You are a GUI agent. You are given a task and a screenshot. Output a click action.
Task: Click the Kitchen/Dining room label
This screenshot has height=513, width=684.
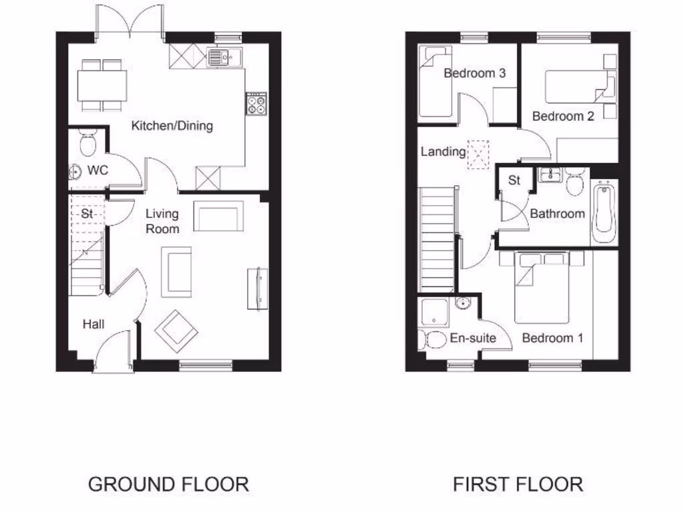(x=172, y=126)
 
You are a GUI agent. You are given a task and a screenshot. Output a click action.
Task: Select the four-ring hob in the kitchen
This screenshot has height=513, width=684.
(x=256, y=104)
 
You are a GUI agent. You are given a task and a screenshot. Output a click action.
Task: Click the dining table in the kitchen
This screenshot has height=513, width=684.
(x=102, y=85)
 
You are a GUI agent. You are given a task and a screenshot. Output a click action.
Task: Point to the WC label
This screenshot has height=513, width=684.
(x=98, y=170)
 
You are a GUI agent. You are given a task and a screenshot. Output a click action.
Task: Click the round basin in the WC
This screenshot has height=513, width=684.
(x=75, y=172)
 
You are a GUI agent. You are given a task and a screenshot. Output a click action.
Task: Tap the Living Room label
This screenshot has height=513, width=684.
(x=163, y=221)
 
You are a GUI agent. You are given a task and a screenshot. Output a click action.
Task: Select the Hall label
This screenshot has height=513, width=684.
(x=94, y=325)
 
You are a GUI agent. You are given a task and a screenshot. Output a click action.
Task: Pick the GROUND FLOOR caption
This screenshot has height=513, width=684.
(x=168, y=484)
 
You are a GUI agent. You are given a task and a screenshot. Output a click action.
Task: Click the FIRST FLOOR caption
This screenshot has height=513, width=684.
(x=518, y=484)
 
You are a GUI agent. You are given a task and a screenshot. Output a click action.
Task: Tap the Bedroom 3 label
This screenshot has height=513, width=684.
(x=474, y=73)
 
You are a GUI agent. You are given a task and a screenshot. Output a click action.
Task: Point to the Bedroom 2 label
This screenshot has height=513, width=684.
(x=563, y=116)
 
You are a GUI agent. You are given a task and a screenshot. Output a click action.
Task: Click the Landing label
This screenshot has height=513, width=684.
(x=443, y=152)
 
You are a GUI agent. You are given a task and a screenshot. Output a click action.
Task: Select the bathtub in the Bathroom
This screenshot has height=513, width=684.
(x=604, y=212)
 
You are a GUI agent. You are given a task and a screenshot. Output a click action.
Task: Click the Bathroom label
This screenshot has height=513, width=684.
(x=557, y=214)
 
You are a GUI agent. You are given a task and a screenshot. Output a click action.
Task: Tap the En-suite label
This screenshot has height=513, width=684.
(x=472, y=338)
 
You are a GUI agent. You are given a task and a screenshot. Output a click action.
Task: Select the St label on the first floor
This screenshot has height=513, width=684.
(x=514, y=180)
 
